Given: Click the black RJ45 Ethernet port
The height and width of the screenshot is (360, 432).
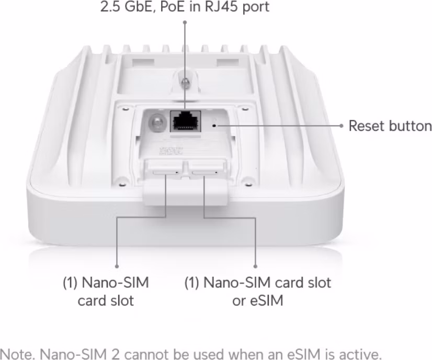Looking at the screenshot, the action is click(x=185, y=121).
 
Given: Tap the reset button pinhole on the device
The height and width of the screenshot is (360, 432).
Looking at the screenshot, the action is click(x=214, y=126).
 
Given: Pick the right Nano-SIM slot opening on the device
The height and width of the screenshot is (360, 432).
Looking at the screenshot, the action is click(x=204, y=173).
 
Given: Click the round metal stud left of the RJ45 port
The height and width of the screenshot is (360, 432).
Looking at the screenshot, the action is click(x=157, y=122).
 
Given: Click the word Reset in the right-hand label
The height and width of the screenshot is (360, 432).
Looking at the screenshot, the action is click(x=364, y=126).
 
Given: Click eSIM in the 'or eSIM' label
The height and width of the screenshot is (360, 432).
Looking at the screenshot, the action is click(x=266, y=300).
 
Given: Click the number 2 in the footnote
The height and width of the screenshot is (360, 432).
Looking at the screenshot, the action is click(x=116, y=354).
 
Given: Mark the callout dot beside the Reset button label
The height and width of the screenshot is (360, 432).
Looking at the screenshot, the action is click(x=342, y=126).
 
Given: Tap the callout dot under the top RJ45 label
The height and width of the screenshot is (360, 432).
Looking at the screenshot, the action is click(x=185, y=22).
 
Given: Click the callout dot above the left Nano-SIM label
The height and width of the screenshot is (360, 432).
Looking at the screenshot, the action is click(x=117, y=266).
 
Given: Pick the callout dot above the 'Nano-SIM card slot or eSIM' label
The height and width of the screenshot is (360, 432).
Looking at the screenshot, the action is click(x=255, y=266).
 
